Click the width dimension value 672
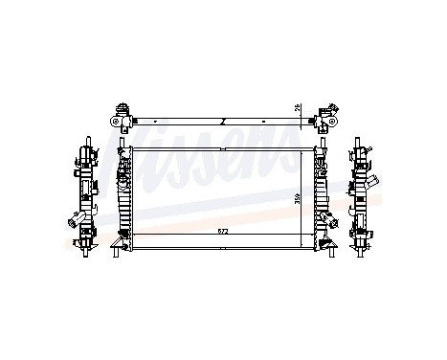click(221, 232)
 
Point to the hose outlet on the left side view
click(75, 223)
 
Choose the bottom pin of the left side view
click(84, 252)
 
